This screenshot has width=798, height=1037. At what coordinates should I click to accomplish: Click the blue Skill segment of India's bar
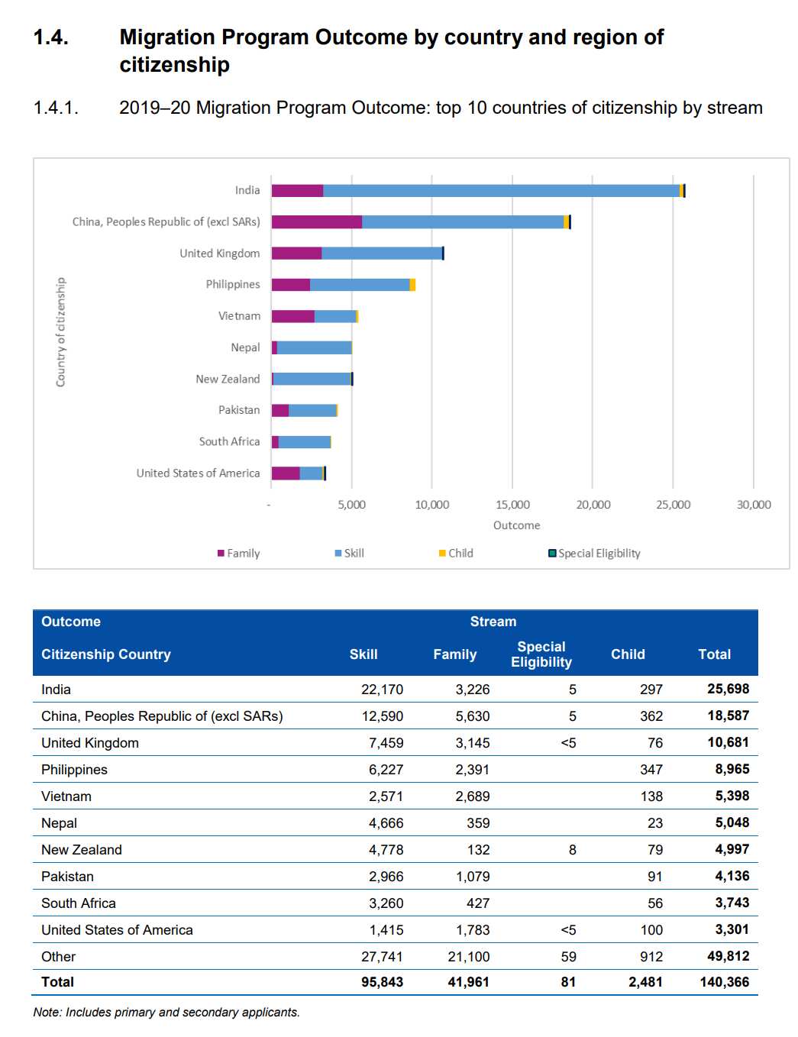[x=501, y=191]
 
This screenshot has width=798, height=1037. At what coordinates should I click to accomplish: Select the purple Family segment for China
[x=317, y=222]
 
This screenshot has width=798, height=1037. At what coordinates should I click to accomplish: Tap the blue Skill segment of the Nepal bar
[x=314, y=348]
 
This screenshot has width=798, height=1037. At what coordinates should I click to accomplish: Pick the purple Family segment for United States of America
[x=286, y=473]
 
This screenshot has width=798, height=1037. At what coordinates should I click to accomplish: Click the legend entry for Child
[x=456, y=554]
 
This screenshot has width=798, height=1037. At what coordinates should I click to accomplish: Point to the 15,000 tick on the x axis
[x=512, y=505]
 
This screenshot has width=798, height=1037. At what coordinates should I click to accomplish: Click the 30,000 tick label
[x=754, y=505]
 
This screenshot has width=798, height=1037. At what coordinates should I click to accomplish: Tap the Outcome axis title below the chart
[x=516, y=525]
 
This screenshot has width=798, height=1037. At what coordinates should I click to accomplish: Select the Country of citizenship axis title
[x=61, y=331]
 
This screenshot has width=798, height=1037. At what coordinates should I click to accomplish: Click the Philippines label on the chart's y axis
[x=232, y=285]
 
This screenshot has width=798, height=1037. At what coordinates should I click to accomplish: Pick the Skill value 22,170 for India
[x=382, y=690]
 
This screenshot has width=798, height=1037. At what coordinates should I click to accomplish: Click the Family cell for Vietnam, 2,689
[x=472, y=796]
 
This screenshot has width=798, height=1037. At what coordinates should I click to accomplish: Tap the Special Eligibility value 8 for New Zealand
[x=572, y=850]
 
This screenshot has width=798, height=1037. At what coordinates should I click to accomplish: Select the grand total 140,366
[x=724, y=982]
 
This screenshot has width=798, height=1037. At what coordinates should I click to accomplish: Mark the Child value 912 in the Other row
[x=651, y=957]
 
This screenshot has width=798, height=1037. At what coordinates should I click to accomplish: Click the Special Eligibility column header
[x=541, y=654]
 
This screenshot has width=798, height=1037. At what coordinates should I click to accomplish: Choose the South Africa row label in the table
[x=79, y=903]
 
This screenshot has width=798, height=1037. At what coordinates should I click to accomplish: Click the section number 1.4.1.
[x=56, y=108]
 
